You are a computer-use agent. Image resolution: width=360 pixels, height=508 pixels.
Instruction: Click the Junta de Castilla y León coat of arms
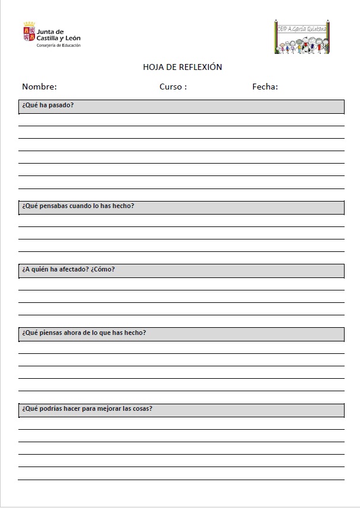(29, 33)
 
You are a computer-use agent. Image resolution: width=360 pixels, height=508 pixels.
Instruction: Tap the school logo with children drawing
(301, 37)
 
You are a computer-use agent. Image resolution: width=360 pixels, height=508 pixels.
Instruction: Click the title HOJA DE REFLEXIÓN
(182, 68)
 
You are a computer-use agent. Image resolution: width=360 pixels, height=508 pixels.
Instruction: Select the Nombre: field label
(39, 87)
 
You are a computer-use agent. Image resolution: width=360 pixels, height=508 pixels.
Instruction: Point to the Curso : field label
(173, 87)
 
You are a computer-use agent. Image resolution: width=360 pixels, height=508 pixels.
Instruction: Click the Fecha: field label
(265, 87)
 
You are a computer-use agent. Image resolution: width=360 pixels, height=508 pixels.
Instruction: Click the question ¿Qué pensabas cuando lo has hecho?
(78, 206)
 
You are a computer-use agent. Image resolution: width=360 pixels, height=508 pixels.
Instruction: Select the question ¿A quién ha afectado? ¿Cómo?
(68, 269)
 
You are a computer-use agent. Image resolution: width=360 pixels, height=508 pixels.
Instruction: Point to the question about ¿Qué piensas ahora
(84, 333)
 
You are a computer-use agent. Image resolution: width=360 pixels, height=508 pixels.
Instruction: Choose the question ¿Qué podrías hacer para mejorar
(87, 408)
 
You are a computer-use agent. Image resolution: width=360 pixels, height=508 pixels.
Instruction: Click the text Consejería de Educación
(59, 46)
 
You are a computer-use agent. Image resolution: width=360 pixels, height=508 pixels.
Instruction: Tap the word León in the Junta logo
(72, 38)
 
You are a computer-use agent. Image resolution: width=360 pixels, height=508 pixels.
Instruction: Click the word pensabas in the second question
(52, 206)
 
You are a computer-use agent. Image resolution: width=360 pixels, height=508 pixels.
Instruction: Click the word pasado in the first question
(62, 106)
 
